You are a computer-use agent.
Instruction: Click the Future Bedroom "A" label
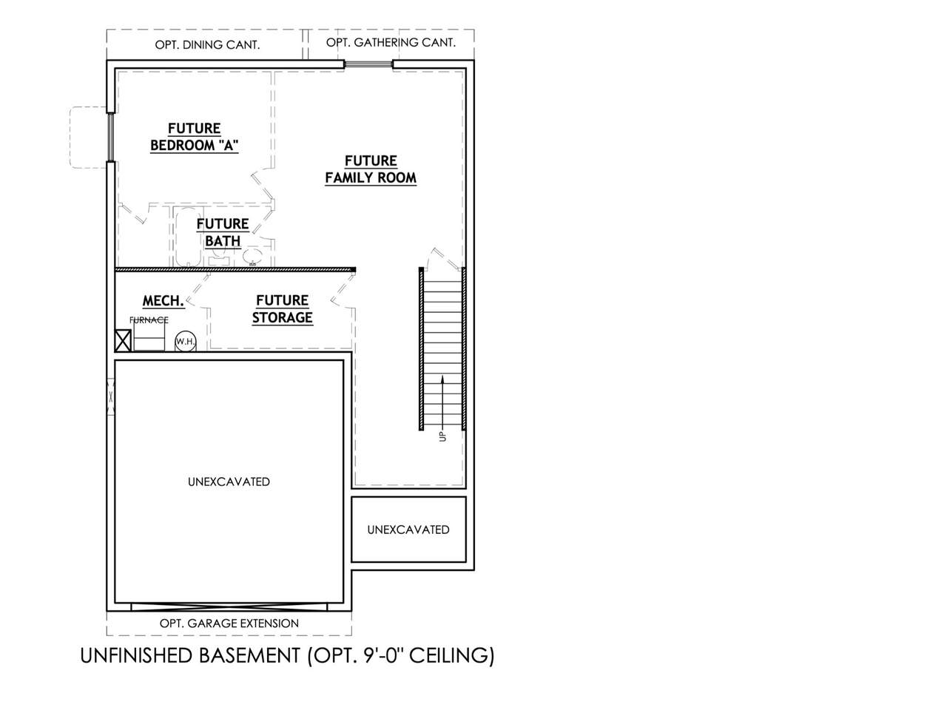click(x=194, y=137)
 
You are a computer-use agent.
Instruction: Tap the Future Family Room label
click(x=371, y=169)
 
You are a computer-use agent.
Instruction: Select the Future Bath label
click(x=223, y=233)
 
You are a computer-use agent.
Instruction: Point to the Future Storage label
click(x=282, y=309)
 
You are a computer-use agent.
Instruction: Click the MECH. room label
click(x=164, y=301)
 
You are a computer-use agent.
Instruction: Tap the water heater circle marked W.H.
click(x=186, y=342)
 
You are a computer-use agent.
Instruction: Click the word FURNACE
click(x=149, y=319)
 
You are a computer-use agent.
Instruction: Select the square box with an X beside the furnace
click(x=123, y=340)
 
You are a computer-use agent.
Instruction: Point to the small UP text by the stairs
click(x=442, y=436)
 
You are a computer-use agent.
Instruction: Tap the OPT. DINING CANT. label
click(x=207, y=45)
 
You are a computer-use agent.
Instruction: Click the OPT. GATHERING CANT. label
click(x=391, y=43)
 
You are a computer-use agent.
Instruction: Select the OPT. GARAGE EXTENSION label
click(x=229, y=623)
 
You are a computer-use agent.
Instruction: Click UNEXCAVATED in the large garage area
click(x=229, y=481)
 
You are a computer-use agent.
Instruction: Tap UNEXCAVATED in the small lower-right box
click(x=408, y=530)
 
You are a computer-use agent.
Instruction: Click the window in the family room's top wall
click(x=368, y=64)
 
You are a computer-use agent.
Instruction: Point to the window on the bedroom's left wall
click(x=111, y=137)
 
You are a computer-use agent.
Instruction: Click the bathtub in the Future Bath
click(x=188, y=237)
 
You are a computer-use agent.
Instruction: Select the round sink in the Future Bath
click(x=253, y=256)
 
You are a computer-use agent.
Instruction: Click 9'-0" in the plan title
click(x=382, y=655)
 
